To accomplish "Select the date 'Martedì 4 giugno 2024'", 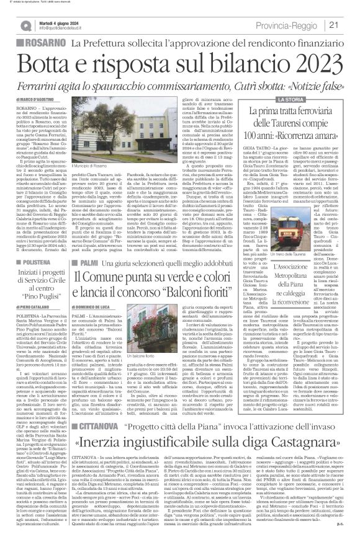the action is point(55,20).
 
